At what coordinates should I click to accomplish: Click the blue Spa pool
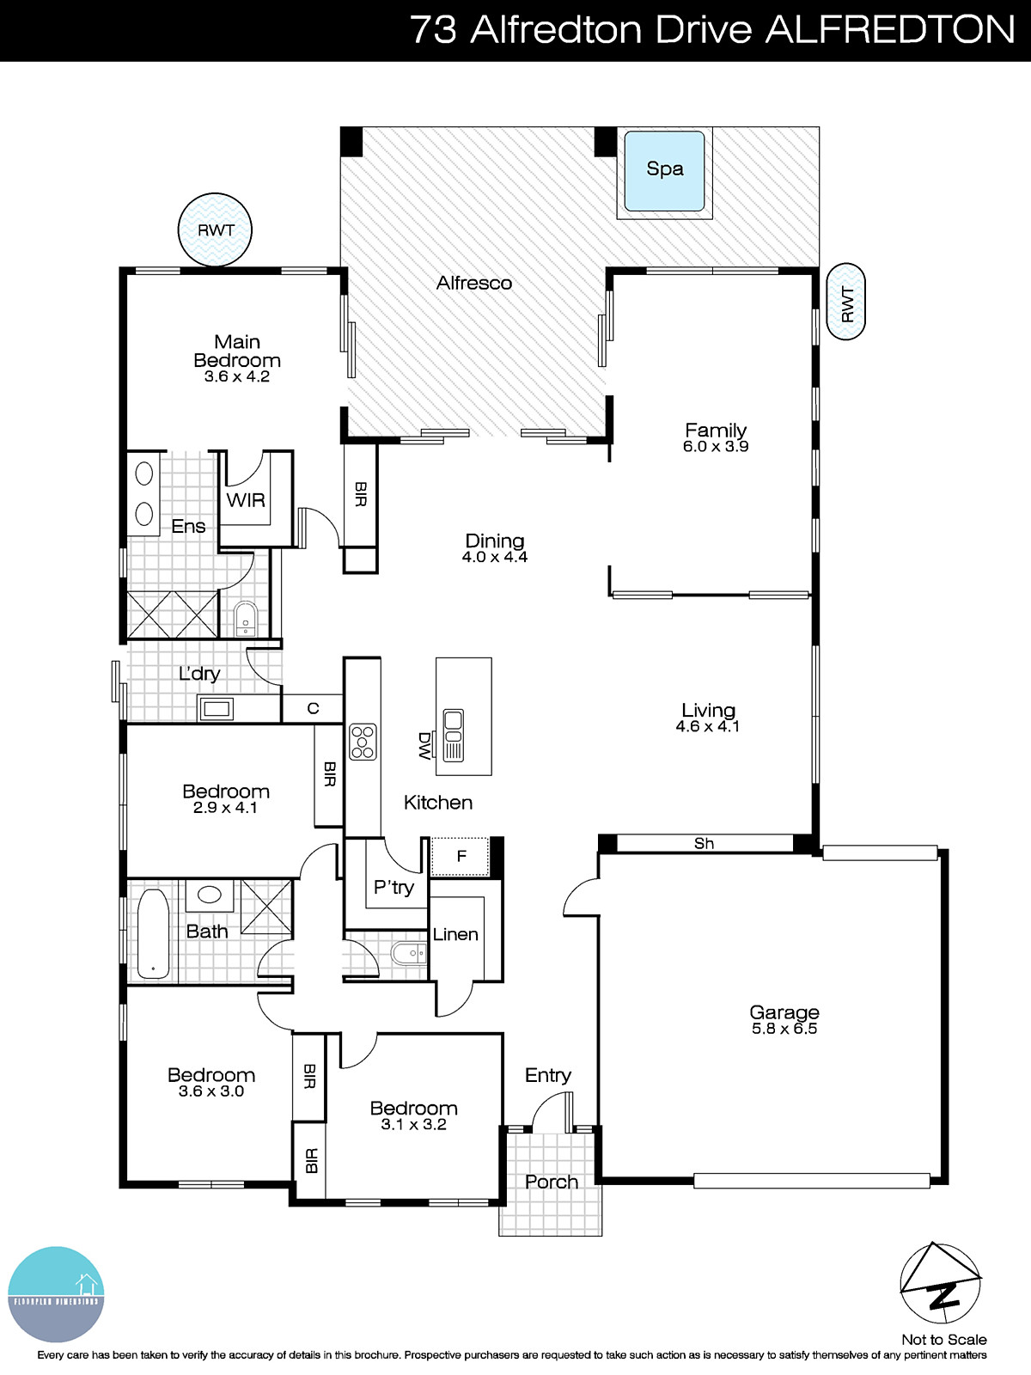665,170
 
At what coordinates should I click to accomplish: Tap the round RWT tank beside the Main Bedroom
215,229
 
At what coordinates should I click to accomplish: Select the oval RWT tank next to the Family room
846,302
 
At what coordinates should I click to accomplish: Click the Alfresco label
473,283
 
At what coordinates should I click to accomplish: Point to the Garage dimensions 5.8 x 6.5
784,1029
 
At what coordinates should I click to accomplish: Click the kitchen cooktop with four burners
363,742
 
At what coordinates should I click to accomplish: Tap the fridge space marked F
461,856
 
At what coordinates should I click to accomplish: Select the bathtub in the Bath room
153,934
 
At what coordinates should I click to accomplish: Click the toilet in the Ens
246,618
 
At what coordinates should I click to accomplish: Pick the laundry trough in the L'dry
216,709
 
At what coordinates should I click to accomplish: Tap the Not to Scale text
943,1339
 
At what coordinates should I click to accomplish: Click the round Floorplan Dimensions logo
56,1294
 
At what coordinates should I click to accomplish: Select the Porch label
551,1182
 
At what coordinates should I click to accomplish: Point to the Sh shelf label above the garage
704,843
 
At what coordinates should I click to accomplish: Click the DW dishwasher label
424,745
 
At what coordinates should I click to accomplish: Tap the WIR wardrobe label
246,500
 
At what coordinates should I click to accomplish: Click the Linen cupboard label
455,934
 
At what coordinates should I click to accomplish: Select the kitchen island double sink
453,736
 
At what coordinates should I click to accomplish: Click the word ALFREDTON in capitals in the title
890,30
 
